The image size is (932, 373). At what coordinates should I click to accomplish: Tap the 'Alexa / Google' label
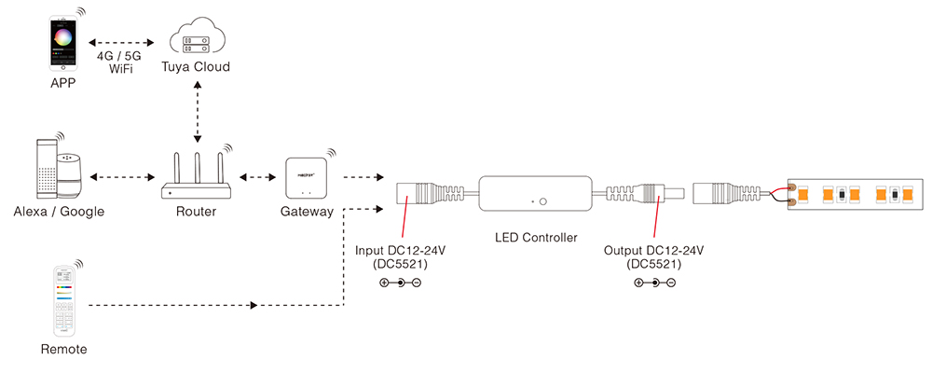click(59, 212)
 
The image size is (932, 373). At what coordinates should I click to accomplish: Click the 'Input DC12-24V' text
click(401, 250)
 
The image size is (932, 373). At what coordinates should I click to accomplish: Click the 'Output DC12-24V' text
click(653, 250)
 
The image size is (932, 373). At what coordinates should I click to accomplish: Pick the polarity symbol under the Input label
click(401, 283)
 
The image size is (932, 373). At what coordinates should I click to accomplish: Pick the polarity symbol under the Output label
click(653, 283)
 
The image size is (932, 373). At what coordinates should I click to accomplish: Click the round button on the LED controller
click(545, 200)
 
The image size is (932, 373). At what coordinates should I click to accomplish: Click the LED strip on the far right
click(857, 196)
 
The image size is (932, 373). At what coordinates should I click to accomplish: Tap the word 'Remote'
click(64, 350)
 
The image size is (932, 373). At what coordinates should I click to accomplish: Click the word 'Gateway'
click(307, 212)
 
